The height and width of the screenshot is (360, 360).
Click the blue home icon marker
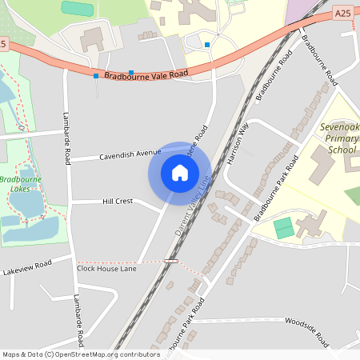coord(180,173)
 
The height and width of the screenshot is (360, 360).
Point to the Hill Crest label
coord(118,202)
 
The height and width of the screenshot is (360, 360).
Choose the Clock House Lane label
coord(106,268)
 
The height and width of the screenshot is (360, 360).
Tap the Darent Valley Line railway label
coord(192,206)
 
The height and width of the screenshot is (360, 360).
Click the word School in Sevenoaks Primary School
coord(342,150)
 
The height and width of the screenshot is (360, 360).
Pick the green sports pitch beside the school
coord(283,227)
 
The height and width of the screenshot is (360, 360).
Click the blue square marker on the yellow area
coord(206,45)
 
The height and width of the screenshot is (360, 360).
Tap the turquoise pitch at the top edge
coord(77,7)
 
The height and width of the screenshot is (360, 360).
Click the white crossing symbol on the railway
coord(170,261)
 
